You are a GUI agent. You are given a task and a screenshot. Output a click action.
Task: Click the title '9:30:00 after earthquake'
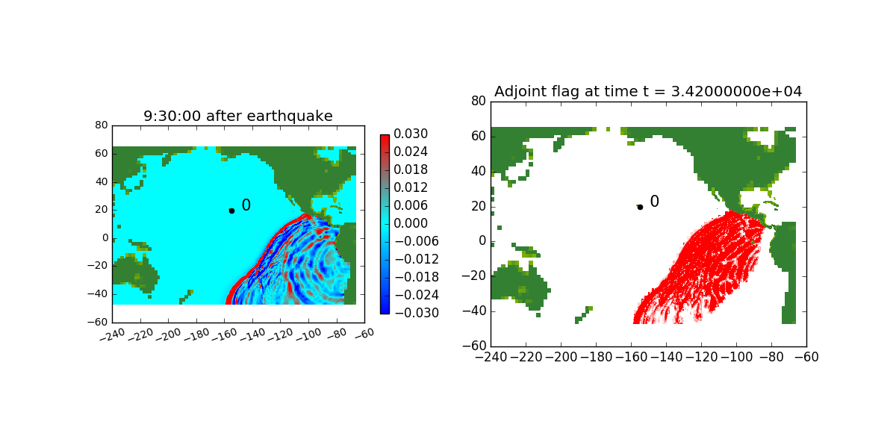[238, 116]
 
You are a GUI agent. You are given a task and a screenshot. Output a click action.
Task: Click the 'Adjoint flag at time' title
[648, 91]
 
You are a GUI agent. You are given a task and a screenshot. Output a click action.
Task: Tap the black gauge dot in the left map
[231, 211]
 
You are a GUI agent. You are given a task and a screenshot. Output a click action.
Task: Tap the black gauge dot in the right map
[640, 207]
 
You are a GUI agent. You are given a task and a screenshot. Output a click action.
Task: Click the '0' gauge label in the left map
[246, 205]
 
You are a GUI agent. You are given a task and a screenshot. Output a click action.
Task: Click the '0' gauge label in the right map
[654, 202]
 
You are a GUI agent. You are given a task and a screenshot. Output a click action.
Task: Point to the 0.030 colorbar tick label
[411, 134]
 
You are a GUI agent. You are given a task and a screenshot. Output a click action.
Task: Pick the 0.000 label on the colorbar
[411, 223]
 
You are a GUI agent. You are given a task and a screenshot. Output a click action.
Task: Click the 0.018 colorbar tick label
[411, 170]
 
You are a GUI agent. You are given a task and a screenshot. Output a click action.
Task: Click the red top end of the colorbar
[385, 138]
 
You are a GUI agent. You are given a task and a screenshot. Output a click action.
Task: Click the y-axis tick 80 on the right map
[478, 101]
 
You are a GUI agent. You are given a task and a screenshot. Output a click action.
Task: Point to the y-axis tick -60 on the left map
[100, 322]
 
